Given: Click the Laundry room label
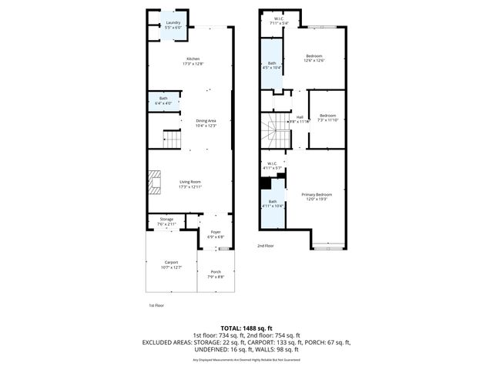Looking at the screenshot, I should click(x=173, y=25).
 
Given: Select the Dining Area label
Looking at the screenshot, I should click(x=206, y=123).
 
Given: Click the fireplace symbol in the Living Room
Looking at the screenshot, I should click(x=153, y=183).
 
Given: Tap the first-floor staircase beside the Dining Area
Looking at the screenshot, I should click(x=172, y=140).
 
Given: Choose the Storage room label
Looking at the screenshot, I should click(x=166, y=221).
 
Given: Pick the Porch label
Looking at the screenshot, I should click(x=216, y=274).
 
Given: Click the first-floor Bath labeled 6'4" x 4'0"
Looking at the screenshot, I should click(x=163, y=100).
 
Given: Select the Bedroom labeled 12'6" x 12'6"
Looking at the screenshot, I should click(x=314, y=58).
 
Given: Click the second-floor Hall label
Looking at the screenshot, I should click(x=300, y=119).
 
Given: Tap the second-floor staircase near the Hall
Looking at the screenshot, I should click(x=275, y=133).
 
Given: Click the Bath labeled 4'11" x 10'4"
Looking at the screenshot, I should click(x=273, y=203).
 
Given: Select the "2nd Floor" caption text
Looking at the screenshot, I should click(x=266, y=245).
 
